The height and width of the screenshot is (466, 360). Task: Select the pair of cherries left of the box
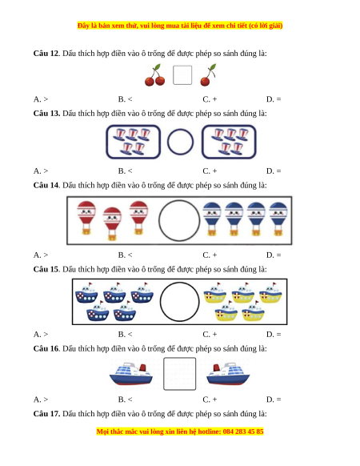tap(154, 75)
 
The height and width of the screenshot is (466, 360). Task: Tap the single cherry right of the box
tap(208, 75)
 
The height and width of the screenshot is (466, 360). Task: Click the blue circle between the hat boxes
tap(180, 142)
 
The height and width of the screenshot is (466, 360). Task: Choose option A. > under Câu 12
tap(41, 99)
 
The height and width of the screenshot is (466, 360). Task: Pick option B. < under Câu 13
tap(125, 171)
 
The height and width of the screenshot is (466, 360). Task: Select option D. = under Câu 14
tap(274, 255)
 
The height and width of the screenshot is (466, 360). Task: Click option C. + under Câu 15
tap(210, 335)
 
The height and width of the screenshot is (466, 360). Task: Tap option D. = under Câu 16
tap(274, 400)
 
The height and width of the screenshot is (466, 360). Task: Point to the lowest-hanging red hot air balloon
tap(112, 223)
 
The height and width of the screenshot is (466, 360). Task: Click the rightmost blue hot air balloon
tap(278, 219)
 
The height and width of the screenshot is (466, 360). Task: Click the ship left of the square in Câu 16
tap(131, 374)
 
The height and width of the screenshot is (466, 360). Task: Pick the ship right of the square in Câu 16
tap(228, 374)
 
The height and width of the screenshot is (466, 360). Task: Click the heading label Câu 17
tap(46, 414)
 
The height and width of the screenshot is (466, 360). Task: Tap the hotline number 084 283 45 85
tap(243, 432)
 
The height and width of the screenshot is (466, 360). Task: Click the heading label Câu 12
tap(46, 54)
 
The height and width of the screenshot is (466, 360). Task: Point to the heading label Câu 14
tap(46, 186)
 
